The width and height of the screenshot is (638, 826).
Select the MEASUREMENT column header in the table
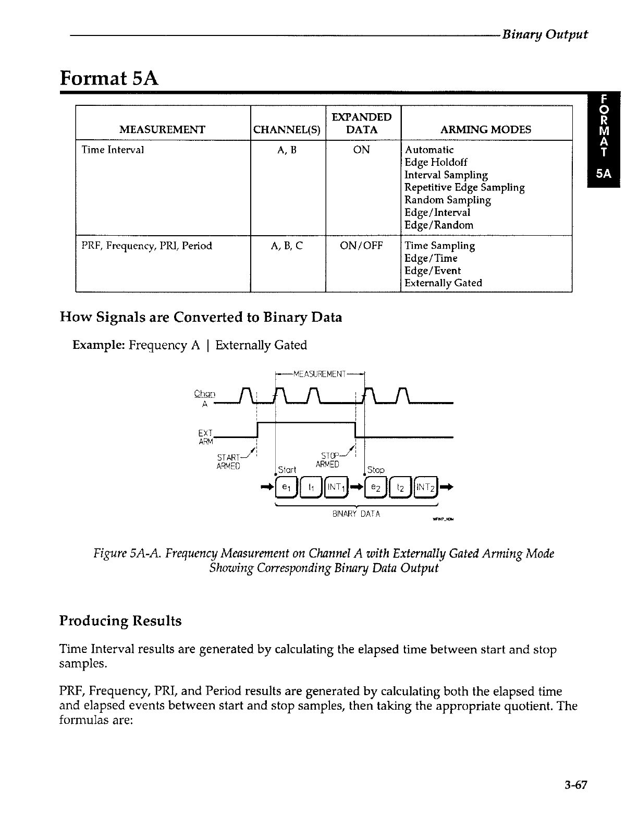click(x=162, y=129)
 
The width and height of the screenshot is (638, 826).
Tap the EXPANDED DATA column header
click(x=362, y=123)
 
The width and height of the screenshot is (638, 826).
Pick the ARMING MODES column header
click(x=486, y=129)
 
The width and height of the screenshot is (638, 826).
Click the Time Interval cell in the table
click(x=113, y=150)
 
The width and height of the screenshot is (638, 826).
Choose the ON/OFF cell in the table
click(x=361, y=246)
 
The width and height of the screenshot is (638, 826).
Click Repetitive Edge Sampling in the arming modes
click(x=464, y=188)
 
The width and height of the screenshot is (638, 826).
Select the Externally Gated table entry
click(x=443, y=283)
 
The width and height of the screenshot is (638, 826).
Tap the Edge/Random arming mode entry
click(x=439, y=225)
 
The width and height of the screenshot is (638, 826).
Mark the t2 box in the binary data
click(x=400, y=488)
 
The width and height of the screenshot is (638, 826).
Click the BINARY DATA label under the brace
click(x=356, y=514)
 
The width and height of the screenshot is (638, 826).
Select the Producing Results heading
click(x=120, y=621)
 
